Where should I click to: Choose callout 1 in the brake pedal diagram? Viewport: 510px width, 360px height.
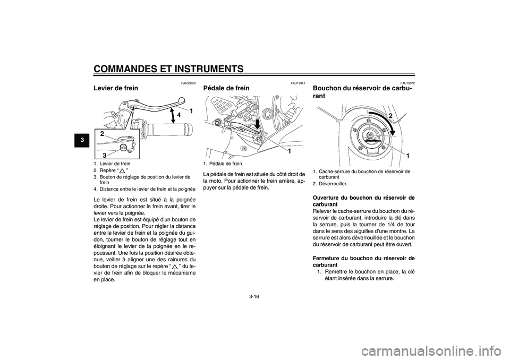point(290,152)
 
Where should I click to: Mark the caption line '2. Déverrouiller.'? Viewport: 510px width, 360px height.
point(330,183)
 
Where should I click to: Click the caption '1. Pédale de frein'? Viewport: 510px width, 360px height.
point(223,164)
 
